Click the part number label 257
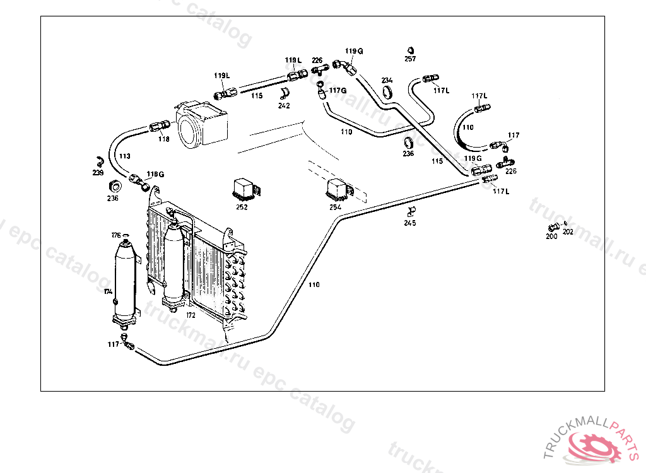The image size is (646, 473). [410, 59]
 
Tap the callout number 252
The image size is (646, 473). [242, 206]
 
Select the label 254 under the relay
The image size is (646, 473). [335, 206]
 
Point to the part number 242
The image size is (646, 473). [284, 106]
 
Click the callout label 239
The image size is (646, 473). [98, 172]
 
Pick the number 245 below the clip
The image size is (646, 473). [411, 222]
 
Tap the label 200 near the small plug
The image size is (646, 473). [551, 237]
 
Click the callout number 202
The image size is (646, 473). [568, 231]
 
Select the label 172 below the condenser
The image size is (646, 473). [190, 315]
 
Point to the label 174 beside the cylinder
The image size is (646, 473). [108, 291]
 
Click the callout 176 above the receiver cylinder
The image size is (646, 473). [116, 235]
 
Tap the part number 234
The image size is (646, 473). [387, 80]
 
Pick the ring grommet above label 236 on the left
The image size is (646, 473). [114, 187]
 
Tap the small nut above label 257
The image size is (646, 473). [410, 49]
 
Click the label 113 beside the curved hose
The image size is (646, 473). [124, 156]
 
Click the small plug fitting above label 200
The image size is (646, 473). [553, 228]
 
